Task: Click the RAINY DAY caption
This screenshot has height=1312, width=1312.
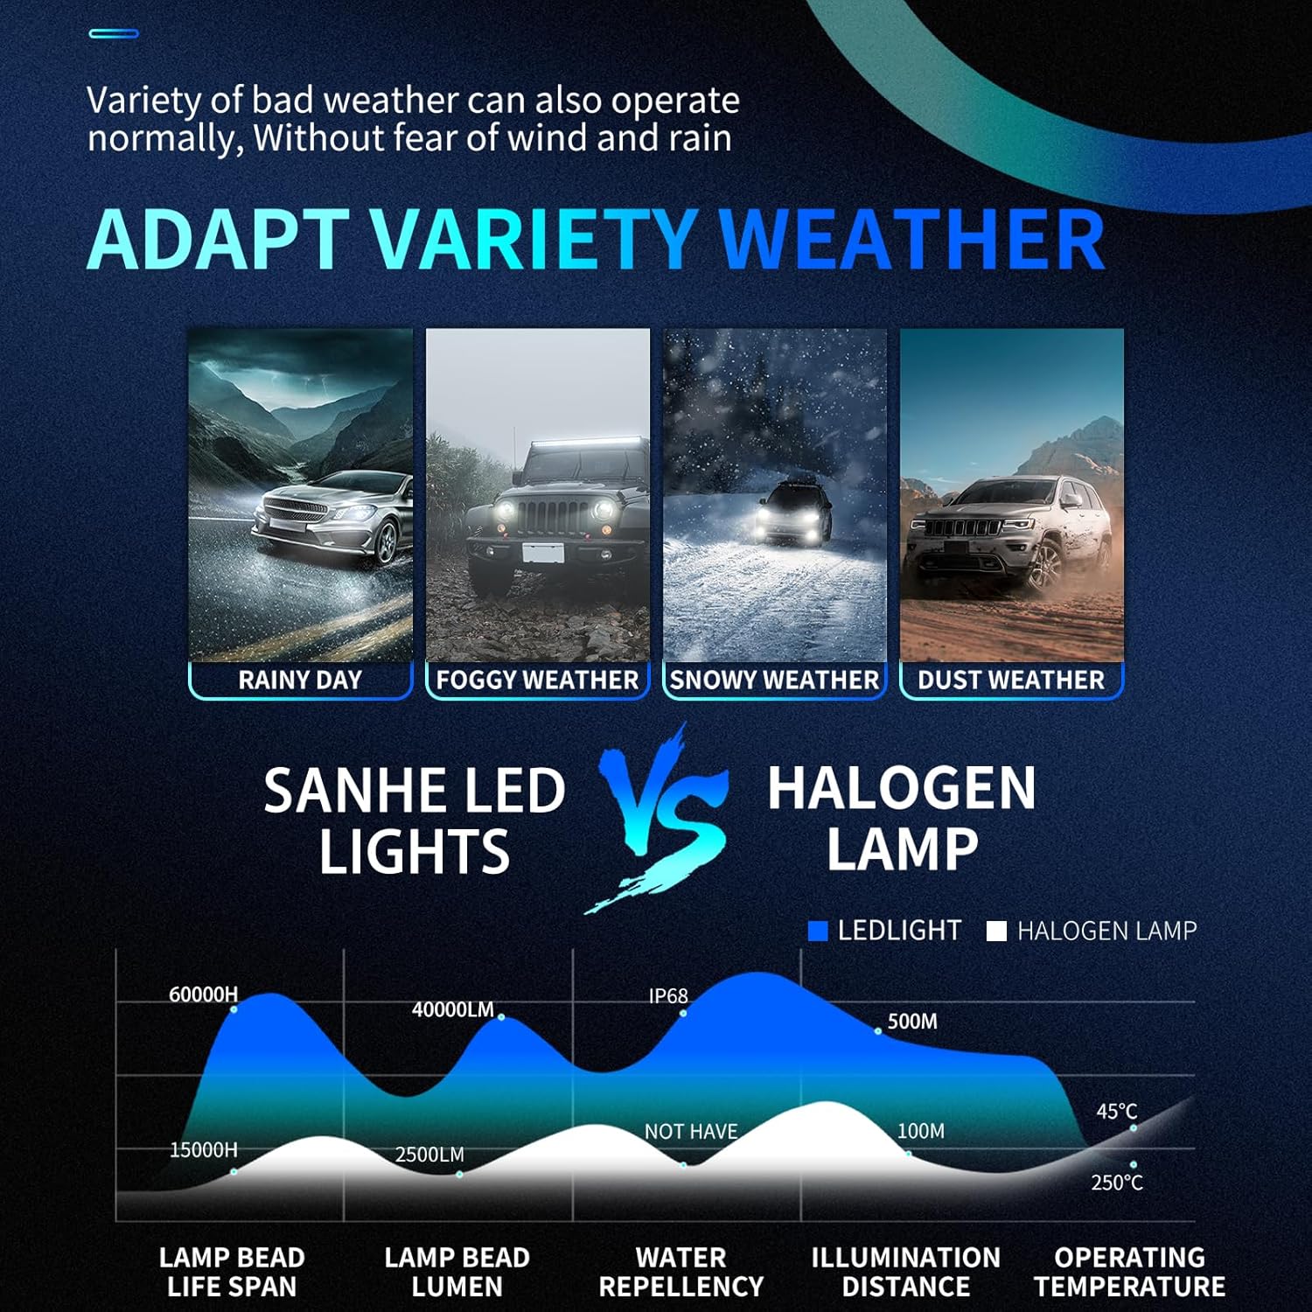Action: click(300, 680)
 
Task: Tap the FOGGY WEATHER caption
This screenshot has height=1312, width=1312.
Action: click(537, 680)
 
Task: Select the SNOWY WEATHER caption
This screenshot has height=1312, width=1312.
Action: click(774, 680)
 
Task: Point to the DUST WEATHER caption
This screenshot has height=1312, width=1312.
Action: click(1011, 680)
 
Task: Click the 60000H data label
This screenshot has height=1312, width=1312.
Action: click(203, 994)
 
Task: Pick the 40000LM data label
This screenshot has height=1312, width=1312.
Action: click(453, 1009)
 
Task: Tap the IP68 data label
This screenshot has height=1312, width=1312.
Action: click(668, 996)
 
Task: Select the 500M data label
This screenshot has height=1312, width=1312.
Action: click(912, 1022)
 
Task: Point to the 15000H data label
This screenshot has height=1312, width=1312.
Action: click(203, 1150)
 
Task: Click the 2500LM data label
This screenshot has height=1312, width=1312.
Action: click(429, 1155)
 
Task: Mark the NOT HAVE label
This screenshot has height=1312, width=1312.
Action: click(691, 1132)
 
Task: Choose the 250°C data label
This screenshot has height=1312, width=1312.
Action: click(1117, 1183)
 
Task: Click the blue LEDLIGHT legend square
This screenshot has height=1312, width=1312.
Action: click(818, 932)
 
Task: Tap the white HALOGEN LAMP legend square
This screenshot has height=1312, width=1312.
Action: click(996, 932)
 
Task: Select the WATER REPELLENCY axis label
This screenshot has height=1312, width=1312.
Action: click(681, 1273)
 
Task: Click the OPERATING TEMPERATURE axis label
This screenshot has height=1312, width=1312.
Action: click(1129, 1273)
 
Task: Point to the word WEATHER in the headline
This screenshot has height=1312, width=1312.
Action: click(912, 239)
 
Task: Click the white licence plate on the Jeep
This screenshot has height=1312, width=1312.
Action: click(542, 553)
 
